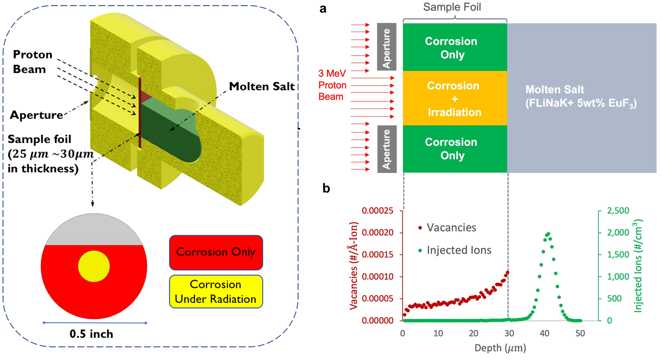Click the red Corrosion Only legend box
[216, 252]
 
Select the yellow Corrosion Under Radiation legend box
[216, 292]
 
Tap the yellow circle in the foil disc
[94, 266]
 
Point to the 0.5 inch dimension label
[91, 334]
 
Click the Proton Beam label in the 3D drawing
[32, 62]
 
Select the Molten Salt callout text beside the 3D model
[262, 87]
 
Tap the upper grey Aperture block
[387, 47]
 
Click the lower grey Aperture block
[387, 149]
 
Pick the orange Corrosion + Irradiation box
[455, 99]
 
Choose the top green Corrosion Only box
[455, 47]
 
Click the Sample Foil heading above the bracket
[452, 7]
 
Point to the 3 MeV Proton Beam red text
[332, 85]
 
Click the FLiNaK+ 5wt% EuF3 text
[581, 104]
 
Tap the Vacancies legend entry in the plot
[451, 228]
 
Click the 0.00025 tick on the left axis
[378, 211]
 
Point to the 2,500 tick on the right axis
[618, 211]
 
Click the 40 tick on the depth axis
[544, 334]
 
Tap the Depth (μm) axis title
[500, 348]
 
